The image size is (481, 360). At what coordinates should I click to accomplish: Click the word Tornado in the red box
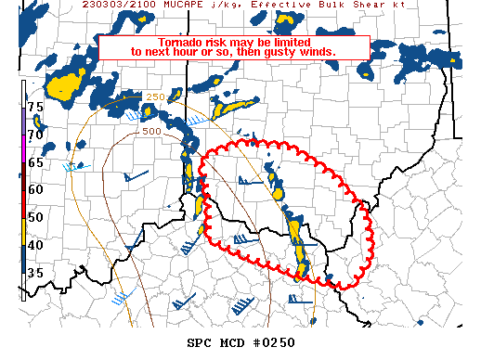pos(181,43)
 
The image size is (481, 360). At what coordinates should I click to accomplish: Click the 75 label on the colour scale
pos(35,108)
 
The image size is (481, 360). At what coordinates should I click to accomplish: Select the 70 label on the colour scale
pos(35,135)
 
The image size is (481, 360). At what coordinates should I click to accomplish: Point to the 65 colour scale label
pos(35,162)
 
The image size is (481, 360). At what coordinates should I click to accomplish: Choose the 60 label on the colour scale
pos(35,189)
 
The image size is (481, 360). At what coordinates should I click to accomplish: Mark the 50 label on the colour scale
pos(35,217)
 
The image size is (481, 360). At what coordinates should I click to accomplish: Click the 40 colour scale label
pos(35,245)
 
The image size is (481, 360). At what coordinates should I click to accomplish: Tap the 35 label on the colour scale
pos(35,273)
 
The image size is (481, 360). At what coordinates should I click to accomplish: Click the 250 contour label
pos(154,97)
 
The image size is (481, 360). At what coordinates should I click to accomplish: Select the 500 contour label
pos(150,132)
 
